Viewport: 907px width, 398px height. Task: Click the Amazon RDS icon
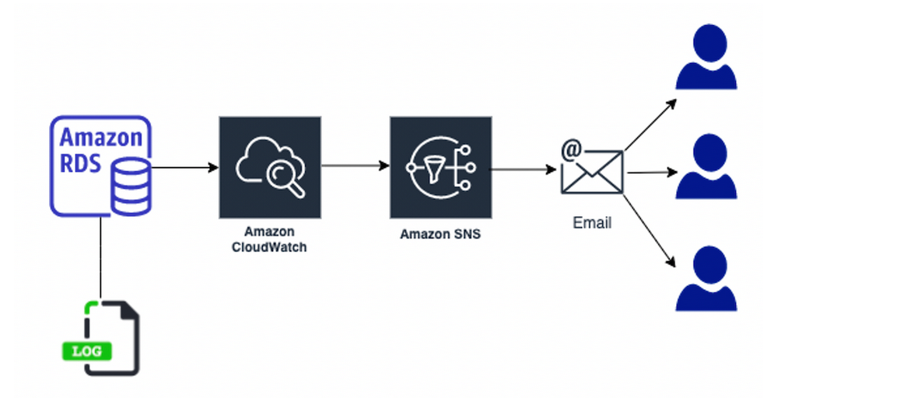coord(100,165)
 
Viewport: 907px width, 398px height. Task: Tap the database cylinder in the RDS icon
coord(130,187)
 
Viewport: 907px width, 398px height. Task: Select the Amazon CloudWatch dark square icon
coord(269,167)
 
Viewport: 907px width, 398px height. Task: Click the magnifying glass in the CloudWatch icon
coord(279,180)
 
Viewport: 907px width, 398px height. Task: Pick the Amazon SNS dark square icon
coord(440,167)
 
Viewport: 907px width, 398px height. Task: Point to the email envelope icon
coord(592,171)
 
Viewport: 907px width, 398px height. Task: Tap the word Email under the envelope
coord(592,223)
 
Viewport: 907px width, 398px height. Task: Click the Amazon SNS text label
coord(440,233)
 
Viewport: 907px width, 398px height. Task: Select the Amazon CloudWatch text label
coord(269,239)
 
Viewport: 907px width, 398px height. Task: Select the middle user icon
coord(706,167)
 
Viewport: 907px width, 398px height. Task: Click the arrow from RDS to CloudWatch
coord(185,167)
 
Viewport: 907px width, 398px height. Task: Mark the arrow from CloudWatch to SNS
coord(355,166)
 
